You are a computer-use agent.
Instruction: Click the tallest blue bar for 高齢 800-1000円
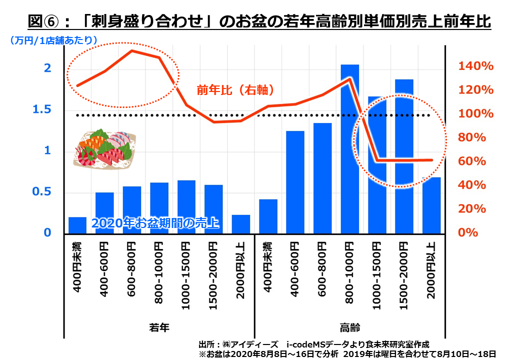coord(350,150)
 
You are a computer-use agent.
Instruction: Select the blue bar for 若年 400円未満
coord(77,225)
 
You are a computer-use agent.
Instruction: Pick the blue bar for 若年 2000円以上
coord(240,224)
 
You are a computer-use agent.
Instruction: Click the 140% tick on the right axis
coord(476,66)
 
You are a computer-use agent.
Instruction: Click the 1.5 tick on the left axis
coord(42,110)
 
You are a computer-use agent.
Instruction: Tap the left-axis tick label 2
coord(48,68)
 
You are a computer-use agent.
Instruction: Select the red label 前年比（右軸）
coord(235,90)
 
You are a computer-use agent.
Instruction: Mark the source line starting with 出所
coord(313,344)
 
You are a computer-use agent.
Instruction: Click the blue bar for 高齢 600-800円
coord(322,178)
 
